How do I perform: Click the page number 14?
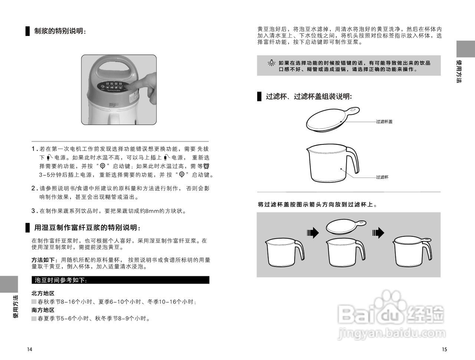tap(30, 349)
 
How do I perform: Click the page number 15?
tap(445, 349)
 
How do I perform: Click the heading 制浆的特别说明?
tap(60, 31)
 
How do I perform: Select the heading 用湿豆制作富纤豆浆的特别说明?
tap(87, 227)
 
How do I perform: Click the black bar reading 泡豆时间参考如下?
tap(120, 280)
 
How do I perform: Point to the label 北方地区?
tap(43, 293)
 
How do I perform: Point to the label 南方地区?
tap(43, 310)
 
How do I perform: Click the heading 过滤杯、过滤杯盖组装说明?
tap(308, 96)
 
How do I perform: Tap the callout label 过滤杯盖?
tap(384, 122)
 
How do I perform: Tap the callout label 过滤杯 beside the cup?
tap(382, 177)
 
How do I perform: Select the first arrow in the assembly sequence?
tap(313, 233)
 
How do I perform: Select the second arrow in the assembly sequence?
tap(378, 233)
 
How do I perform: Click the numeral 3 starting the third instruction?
tap(33, 211)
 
